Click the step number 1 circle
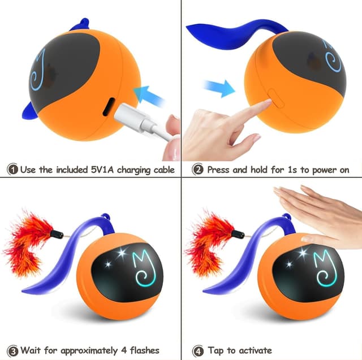pyautogui.click(x=12, y=169)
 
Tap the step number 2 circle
pyautogui.click(x=197, y=169)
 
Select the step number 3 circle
pyautogui.click(x=12, y=350)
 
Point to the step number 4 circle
pyautogui.click(x=197, y=350)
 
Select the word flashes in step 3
pyautogui.click(x=140, y=350)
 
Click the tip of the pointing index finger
pyautogui.click(x=263, y=105)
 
